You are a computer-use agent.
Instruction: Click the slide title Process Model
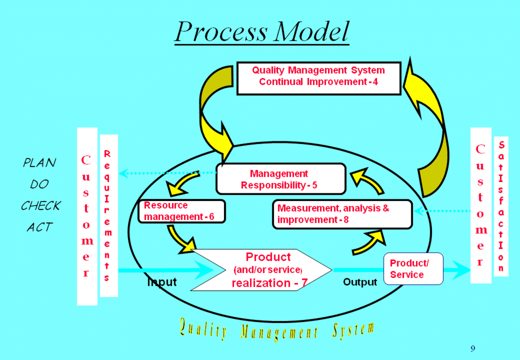[x=262, y=31]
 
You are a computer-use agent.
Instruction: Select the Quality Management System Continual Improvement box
[x=318, y=78]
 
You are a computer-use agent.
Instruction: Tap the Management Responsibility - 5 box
[x=280, y=179]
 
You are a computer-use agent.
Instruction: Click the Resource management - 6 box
[x=181, y=211]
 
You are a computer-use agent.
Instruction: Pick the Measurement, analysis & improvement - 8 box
[x=342, y=214]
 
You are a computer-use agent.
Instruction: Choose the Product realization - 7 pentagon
[x=261, y=270]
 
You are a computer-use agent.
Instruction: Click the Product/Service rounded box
[x=413, y=269]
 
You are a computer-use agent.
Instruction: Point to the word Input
[x=162, y=282]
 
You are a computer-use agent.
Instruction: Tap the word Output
[x=360, y=282]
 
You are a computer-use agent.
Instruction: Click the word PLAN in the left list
[x=39, y=163]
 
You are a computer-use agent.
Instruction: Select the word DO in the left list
[x=39, y=185]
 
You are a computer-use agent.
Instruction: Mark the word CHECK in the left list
[x=41, y=205]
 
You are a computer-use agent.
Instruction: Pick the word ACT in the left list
[x=39, y=227]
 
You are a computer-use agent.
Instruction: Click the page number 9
[x=473, y=348]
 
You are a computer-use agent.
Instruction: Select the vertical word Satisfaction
[x=501, y=206]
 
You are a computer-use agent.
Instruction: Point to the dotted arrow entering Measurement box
[x=442, y=211]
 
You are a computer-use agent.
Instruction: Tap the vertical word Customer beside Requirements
[x=87, y=216]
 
